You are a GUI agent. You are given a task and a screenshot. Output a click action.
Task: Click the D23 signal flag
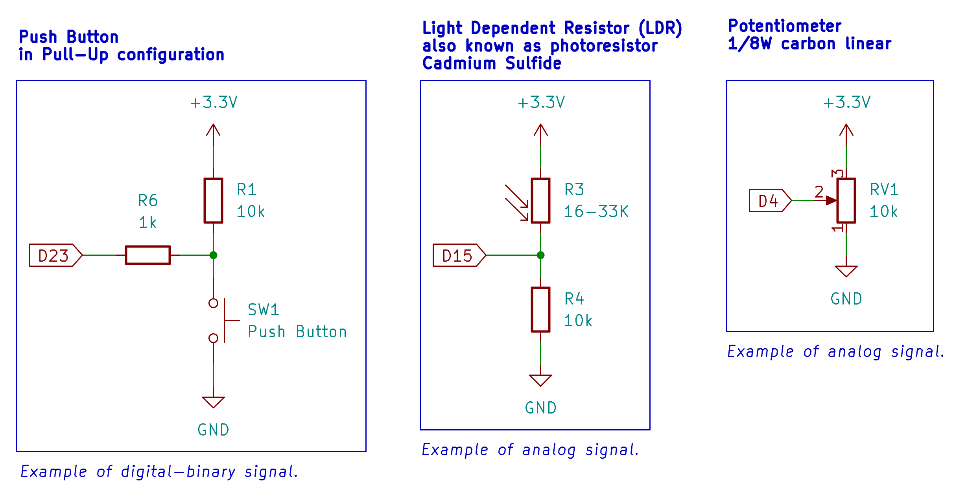pyautogui.click(x=55, y=255)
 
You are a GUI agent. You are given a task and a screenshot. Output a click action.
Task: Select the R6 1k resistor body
pyautogui.click(x=148, y=255)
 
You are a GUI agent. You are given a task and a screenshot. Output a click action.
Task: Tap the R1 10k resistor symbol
pyautogui.click(x=213, y=201)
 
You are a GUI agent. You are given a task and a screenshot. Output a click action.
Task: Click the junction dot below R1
pyautogui.click(x=214, y=255)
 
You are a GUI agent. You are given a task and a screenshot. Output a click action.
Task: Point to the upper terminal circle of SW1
pyautogui.click(x=214, y=303)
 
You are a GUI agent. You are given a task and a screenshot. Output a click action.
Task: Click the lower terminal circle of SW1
pyautogui.click(x=214, y=338)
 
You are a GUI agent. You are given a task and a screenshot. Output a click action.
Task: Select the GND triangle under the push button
pyautogui.click(x=213, y=402)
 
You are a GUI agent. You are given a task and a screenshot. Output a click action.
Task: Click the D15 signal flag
pyautogui.click(x=459, y=255)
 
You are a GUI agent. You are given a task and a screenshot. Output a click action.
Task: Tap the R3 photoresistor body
pyautogui.click(x=541, y=201)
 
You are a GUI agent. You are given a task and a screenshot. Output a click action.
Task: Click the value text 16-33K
pyautogui.click(x=596, y=212)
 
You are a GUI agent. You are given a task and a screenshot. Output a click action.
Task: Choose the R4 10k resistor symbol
pyautogui.click(x=541, y=310)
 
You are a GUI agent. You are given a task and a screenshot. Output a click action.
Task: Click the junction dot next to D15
pyautogui.click(x=541, y=255)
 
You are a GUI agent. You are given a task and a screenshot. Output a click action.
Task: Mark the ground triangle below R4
pyautogui.click(x=541, y=380)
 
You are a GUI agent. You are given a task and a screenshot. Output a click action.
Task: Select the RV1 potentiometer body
pyautogui.click(x=846, y=201)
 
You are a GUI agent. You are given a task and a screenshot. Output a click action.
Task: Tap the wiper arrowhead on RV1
pyautogui.click(x=831, y=201)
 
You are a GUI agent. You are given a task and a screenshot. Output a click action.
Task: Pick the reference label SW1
pyautogui.click(x=263, y=310)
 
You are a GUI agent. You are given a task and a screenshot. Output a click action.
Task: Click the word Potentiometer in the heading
pyautogui.click(x=785, y=26)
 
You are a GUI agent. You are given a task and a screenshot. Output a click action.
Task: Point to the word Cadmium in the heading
pyautogui.click(x=459, y=63)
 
